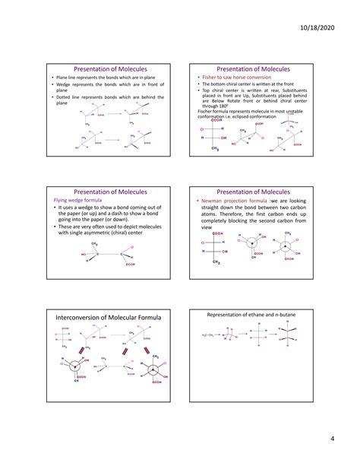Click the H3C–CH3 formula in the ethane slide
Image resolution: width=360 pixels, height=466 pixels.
tap(210, 334)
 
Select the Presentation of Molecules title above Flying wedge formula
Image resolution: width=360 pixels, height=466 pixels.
tap(109, 192)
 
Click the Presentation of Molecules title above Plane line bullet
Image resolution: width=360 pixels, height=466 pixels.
tap(109, 68)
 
